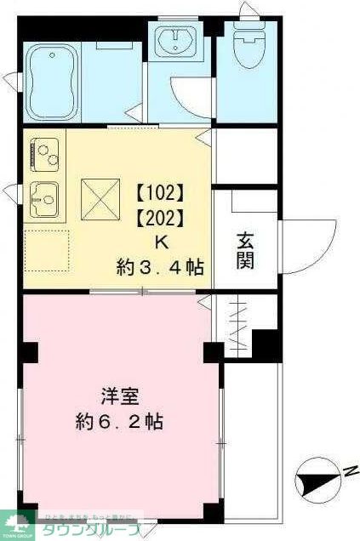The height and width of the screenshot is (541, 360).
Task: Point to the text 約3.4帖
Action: point(159,268)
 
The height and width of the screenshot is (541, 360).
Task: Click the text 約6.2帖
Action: point(120,421)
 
